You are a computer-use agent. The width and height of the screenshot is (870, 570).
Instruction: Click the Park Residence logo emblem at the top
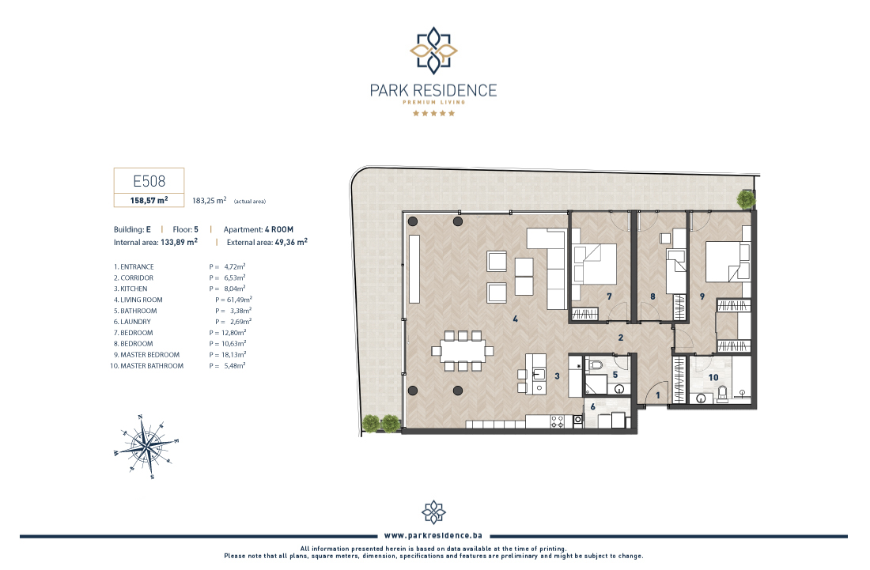[x=433, y=51]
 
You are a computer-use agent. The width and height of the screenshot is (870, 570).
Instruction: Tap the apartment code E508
[x=149, y=181]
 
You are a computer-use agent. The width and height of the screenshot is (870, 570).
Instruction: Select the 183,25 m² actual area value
[x=209, y=200]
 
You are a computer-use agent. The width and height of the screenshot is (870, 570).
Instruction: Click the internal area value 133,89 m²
[x=179, y=242]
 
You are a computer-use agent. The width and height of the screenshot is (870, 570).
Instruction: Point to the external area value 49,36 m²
[x=291, y=242]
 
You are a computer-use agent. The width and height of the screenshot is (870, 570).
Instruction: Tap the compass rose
[x=147, y=447]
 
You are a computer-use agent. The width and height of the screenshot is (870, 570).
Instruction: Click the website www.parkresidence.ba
[x=433, y=536]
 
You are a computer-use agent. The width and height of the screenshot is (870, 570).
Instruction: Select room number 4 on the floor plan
[x=516, y=319]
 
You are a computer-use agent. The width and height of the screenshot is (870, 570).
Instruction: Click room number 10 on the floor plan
[x=713, y=378]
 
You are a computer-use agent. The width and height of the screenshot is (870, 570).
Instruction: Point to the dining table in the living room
[x=463, y=350]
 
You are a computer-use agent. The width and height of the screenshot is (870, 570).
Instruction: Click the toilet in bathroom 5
[x=596, y=365]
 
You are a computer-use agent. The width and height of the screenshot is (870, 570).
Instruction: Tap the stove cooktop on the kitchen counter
[x=557, y=421]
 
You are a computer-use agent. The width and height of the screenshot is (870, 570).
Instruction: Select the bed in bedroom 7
[x=594, y=264]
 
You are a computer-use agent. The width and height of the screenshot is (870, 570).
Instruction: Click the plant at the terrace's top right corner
[x=747, y=199]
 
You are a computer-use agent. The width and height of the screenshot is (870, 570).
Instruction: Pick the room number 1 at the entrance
[x=658, y=395]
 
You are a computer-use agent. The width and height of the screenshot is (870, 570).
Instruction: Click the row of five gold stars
[x=433, y=113]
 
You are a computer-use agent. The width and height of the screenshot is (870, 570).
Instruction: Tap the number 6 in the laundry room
[x=592, y=407]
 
